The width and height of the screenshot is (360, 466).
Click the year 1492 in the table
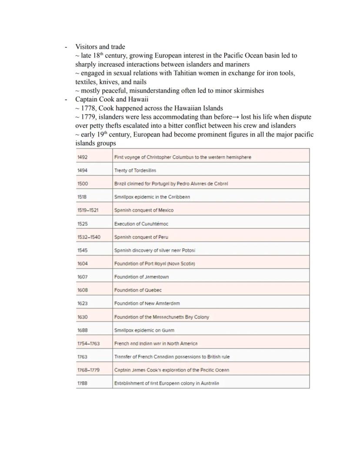tap(83, 157)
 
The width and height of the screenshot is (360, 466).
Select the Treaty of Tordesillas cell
tap(135, 171)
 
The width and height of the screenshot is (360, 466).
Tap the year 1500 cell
tap(83, 184)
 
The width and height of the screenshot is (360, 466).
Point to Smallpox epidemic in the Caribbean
tap(152, 197)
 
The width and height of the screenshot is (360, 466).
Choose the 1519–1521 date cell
tap(88, 210)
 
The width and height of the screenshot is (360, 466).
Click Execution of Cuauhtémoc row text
tap(141, 224)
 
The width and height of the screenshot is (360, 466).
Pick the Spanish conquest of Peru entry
tap(141, 237)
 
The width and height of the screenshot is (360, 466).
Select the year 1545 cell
tap(83, 251)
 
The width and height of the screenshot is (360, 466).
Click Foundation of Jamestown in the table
tap(141, 277)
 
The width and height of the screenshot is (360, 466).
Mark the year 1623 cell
tap(83, 303)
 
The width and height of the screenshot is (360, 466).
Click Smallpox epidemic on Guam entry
tap(144, 330)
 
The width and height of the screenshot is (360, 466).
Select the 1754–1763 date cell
tap(88, 344)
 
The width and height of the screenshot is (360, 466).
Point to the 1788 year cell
tap(83, 383)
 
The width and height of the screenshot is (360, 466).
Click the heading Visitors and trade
tap(100, 47)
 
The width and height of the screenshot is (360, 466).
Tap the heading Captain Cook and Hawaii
tap(112, 99)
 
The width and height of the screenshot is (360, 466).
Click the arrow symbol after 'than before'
tap(236, 117)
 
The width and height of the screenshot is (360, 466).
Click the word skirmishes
tap(248, 91)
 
